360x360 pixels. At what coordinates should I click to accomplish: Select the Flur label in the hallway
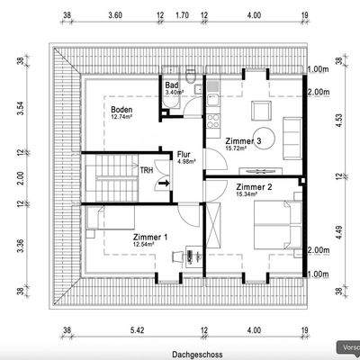click(x=184, y=153)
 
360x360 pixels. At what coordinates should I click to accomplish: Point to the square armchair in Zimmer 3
click(x=261, y=111)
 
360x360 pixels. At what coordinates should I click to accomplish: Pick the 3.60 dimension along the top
click(x=115, y=15)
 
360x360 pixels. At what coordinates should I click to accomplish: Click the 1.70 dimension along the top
click(x=182, y=15)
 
